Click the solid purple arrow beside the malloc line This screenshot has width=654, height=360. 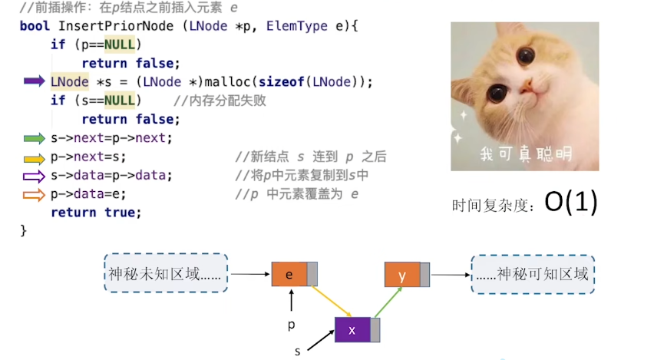35,81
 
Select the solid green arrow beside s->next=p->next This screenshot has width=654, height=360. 35,138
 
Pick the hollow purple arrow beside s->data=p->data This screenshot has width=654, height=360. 35,177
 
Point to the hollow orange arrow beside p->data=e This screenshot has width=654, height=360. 35,195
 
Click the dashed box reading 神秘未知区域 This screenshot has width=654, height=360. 166,273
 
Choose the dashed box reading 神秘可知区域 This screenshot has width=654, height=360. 533,275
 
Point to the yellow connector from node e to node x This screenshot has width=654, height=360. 332,302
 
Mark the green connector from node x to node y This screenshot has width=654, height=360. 388,302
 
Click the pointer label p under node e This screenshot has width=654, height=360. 292,325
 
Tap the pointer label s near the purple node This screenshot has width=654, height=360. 297,352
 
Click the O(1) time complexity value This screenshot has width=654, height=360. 571,203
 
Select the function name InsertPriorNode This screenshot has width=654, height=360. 116,26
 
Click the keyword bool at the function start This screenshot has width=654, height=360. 35,26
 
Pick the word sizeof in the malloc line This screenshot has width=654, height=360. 281,82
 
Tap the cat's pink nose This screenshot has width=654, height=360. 526,85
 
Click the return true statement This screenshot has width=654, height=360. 95,213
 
